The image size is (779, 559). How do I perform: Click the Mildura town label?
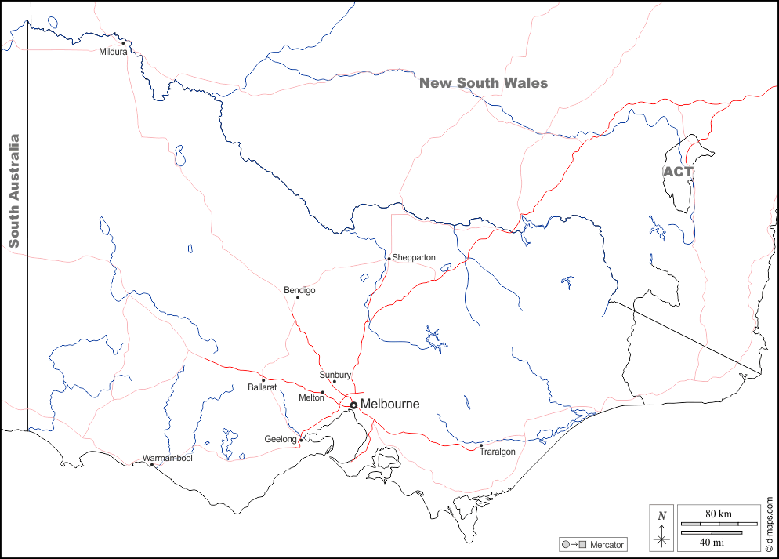coord(113,53)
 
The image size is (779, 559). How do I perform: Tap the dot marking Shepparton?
coord(389,259)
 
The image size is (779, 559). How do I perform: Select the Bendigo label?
coord(299,290)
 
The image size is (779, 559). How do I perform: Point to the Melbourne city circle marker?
coord(353,405)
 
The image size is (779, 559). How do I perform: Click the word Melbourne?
coord(390,405)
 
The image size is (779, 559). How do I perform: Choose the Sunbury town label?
coord(335,375)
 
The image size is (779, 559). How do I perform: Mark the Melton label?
coord(311,398)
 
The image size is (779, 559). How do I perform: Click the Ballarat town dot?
coord(263,380)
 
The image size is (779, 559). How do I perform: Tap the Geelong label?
coord(281,440)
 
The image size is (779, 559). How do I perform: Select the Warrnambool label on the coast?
coord(167,458)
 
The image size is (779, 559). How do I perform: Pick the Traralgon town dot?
coord(481,446)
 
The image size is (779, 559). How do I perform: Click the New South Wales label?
coord(484,83)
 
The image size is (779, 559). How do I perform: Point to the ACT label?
coord(678,172)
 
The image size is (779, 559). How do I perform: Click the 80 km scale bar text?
coord(718,514)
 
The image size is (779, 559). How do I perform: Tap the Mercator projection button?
coord(593,544)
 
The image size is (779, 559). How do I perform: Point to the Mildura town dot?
coord(123,43)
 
